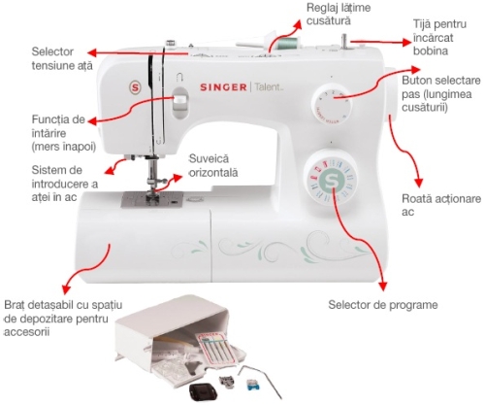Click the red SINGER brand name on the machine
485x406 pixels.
tap(223, 87)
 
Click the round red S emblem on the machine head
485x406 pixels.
tap(135, 87)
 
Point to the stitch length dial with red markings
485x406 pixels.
tap(332, 104)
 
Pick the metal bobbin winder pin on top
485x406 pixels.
tap(344, 42)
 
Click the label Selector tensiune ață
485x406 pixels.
tap(62, 58)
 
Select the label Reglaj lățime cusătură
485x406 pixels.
tap(339, 14)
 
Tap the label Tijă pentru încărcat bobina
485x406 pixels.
tap(439, 38)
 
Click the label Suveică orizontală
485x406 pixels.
tap(213, 165)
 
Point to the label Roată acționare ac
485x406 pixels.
tap(441, 205)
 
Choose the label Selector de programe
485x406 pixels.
tap(383, 305)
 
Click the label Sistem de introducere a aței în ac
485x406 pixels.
tap(65, 184)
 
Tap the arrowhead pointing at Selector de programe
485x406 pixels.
tap(383, 286)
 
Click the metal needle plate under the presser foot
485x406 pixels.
tap(152, 199)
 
